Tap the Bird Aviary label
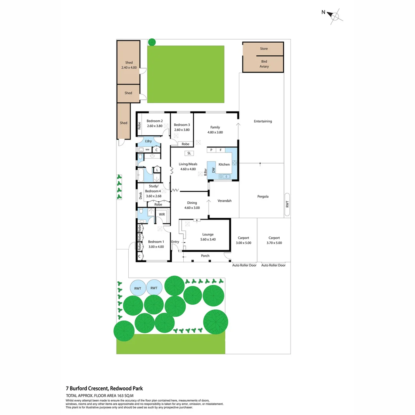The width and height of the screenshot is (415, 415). pyautogui.click(x=264, y=64)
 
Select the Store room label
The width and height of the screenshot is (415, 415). pyautogui.click(x=264, y=49)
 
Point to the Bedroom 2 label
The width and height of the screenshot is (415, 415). pyautogui.click(x=155, y=123)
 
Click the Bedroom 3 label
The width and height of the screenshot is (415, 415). pyautogui.click(x=181, y=127)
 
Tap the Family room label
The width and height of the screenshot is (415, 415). pyautogui.click(x=215, y=129)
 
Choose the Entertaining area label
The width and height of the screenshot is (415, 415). pyautogui.click(x=263, y=121)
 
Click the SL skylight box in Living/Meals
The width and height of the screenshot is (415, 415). pyautogui.click(x=189, y=153)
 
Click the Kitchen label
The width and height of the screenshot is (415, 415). pyautogui.click(x=224, y=164)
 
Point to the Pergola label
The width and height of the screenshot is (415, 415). pyautogui.click(x=263, y=196)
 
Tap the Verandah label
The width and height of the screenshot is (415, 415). pyautogui.click(x=224, y=201)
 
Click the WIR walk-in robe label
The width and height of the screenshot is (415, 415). pyautogui.click(x=162, y=215)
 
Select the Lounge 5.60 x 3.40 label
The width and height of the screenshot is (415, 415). pyautogui.click(x=208, y=237)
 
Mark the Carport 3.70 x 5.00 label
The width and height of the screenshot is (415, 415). pyautogui.click(x=274, y=240)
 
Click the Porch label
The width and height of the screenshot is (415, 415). pyautogui.click(x=205, y=256)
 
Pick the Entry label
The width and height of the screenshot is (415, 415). pyautogui.click(x=175, y=242)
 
